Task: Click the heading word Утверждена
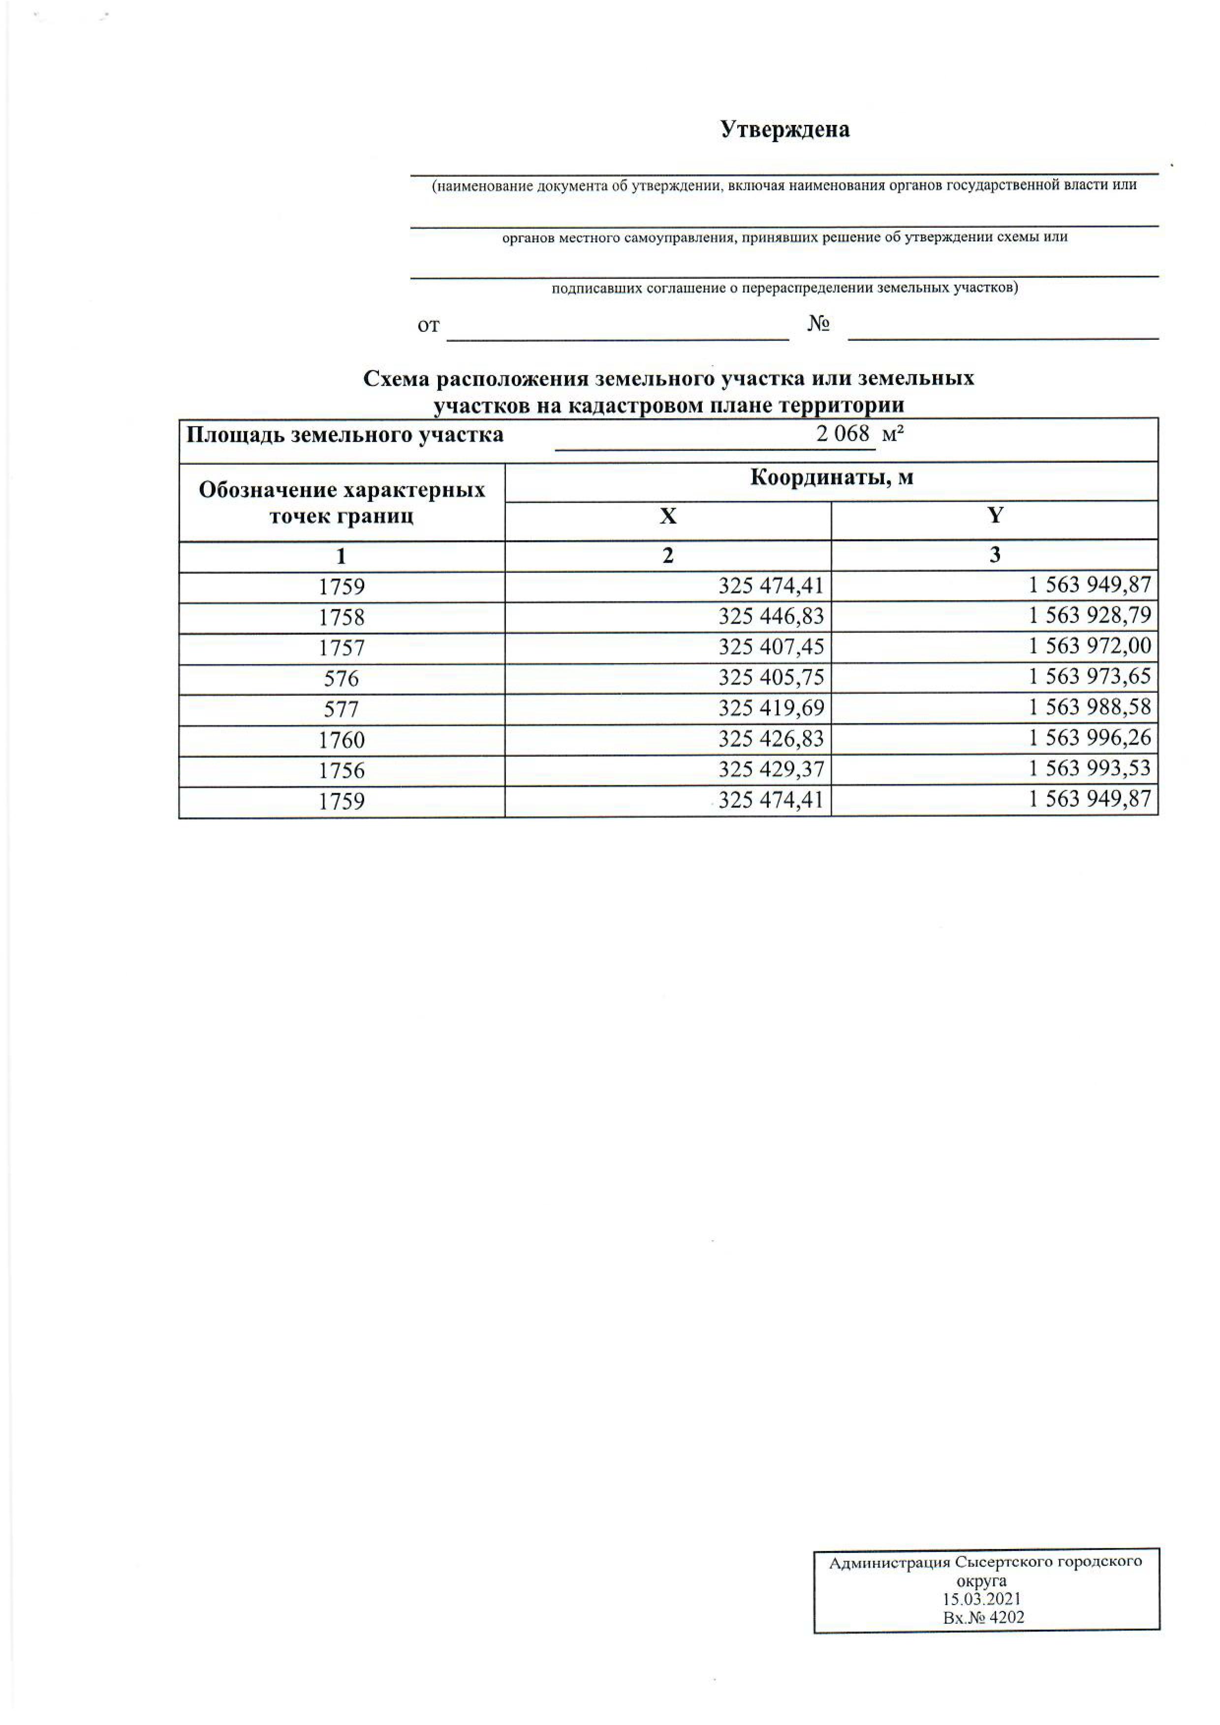(x=785, y=130)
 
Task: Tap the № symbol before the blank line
(x=818, y=325)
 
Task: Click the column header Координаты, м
(x=831, y=478)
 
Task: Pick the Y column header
(x=995, y=515)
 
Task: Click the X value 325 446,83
(x=771, y=617)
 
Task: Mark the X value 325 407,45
(x=771, y=647)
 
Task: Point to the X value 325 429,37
(x=771, y=770)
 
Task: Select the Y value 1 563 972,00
(x=1089, y=646)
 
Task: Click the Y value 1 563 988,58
(x=1089, y=708)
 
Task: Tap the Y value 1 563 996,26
(x=1089, y=738)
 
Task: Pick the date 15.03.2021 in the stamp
(x=982, y=1600)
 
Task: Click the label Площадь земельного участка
(x=345, y=435)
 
